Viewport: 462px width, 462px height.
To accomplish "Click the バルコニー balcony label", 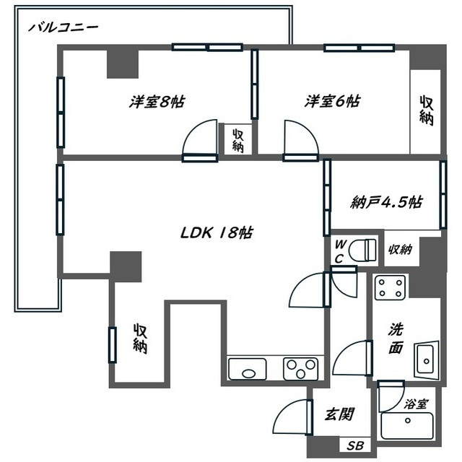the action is [x=63, y=27].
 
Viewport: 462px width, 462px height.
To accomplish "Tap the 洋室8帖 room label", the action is [x=157, y=102].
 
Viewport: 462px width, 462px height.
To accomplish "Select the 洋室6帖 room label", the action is [x=332, y=101].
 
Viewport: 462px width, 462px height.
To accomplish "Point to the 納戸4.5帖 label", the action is [x=387, y=202].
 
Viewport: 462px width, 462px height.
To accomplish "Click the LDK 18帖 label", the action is [x=217, y=232].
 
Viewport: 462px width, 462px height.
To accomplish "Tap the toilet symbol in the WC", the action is [x=362, y=250].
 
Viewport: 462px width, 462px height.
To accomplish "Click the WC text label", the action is [x=340, y=251].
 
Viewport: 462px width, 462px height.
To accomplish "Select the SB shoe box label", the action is [x=355, y=446].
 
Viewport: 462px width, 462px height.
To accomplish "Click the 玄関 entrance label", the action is [x=339, y=414].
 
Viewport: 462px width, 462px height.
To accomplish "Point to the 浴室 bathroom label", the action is [x=416, y=404].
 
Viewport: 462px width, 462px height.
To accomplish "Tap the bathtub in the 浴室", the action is [x=407, y=426].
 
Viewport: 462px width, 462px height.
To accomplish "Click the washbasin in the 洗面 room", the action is [x=427, y=359].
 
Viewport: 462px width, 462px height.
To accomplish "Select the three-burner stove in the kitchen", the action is [x=301, y=369].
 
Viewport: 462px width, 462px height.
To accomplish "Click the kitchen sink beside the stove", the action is [x=248, y=369].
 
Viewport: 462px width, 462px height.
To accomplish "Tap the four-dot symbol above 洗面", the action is [x=390, y=287].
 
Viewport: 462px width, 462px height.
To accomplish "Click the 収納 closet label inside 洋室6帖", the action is [x=427, y=110].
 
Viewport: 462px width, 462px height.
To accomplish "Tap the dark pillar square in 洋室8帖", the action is [x=123, y=64].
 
